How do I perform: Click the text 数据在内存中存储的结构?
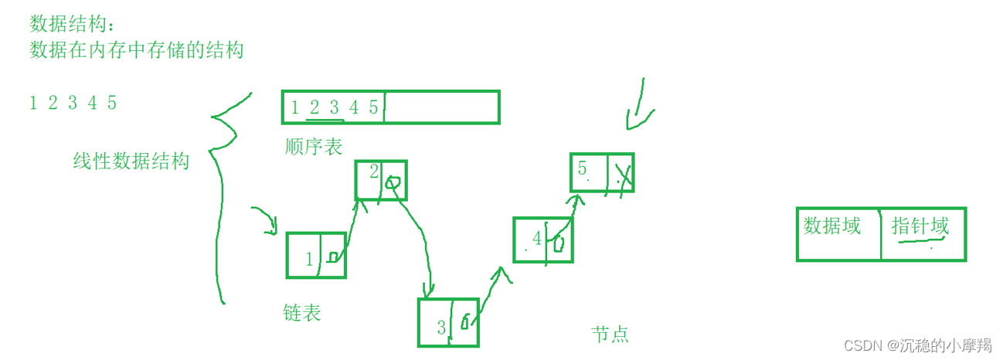[x=136, y=50]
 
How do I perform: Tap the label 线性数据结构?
[x=131, y=161]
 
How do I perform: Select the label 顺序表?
[x=313, y=146]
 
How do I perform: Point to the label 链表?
[x=302, y=313]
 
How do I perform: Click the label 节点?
[x=610, y=334]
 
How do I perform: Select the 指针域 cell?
[x=920, y=227]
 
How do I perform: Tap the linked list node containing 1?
[x=316, y=255]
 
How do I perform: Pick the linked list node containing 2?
[x=380, y=181]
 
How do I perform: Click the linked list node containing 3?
[x=448, y=322]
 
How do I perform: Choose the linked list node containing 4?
[x=543, y=240]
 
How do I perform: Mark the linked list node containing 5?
[x=601, y=172]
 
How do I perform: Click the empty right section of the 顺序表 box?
[x=441, y=107]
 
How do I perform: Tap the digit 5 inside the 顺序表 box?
[x=373, y=107]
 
